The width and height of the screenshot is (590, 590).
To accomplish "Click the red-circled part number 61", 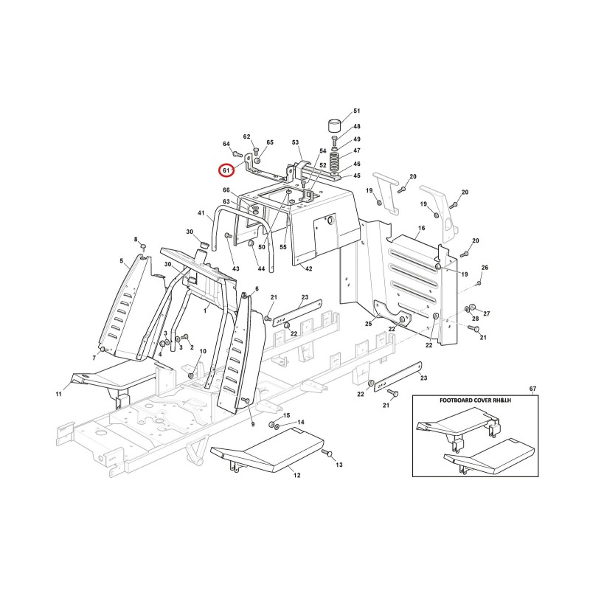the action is (x=226, y=170).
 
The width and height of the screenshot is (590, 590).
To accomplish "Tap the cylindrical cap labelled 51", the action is (x=335, y=125).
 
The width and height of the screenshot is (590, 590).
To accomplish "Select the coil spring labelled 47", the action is (x=334, y=162).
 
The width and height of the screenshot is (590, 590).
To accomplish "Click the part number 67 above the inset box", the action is (x=532, y=389).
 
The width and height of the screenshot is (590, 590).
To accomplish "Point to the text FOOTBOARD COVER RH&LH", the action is (x=475, y=400).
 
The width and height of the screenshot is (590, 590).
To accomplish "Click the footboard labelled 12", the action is (x=267, y=451).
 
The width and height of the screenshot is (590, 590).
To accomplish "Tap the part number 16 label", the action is (x=421, y=228).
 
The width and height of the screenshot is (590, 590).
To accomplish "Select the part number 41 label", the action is (x=201, y=213).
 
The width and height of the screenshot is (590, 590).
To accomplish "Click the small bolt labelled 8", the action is (x=143, y=246).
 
